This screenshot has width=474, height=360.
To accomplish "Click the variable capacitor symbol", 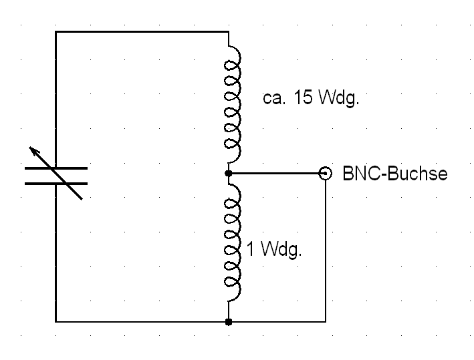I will [55, 175].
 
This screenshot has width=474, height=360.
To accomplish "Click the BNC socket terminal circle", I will [326, 174].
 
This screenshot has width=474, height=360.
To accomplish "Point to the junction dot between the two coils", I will [229, 174].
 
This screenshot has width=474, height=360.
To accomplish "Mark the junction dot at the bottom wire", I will [229, 322].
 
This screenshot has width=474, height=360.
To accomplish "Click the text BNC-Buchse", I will [394, 174].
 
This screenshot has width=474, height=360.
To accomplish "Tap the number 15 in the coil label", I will [303, 99].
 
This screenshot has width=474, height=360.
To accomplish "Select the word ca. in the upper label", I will [275, 100].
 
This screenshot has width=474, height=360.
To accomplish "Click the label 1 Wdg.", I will [274, 250].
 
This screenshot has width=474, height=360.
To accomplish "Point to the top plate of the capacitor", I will [55, 168].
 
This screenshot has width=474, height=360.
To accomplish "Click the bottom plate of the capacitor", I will [55, 183].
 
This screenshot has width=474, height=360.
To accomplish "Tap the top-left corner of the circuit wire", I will [55, 31].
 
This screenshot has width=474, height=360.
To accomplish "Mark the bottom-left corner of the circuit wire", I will [55, 322].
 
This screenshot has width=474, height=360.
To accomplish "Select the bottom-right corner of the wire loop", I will [326, 322].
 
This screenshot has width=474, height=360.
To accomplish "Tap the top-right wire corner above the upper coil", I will [229, 31].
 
